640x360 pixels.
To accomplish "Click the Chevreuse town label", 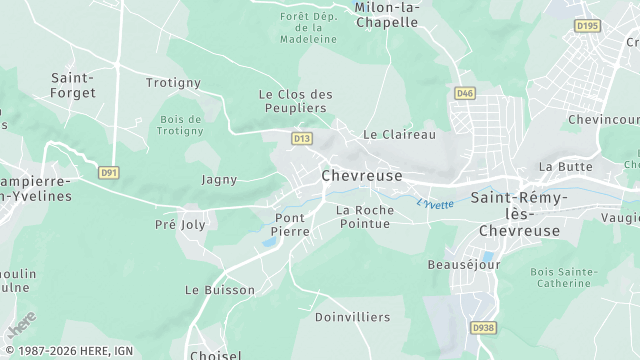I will coord(362,175).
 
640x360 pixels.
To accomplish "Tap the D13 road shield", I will coord(301,138).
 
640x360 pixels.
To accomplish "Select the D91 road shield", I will coord(109,173).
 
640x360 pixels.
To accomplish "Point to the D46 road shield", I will coord(465,94).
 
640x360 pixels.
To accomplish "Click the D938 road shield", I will coord(484,327).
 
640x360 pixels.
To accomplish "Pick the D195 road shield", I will coord(587,24).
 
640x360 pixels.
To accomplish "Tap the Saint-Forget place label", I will coord(73,85).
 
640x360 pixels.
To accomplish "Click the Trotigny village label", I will coord(173,83).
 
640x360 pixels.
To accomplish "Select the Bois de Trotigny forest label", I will coord(181,125).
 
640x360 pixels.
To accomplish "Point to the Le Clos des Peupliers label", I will coord(295,101).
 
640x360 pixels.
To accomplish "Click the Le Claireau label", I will coord(399,134).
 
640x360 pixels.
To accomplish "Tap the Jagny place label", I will coord(219,180).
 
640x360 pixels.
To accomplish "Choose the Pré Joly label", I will coord(179,225).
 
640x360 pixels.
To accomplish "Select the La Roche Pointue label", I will coord(364,217).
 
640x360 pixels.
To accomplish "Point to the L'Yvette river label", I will coord(435,204).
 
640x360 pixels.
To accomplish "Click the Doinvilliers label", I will coord(352,317).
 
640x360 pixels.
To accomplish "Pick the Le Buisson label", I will coord(220,290).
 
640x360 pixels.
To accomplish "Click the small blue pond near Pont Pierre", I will coord(269,242).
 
